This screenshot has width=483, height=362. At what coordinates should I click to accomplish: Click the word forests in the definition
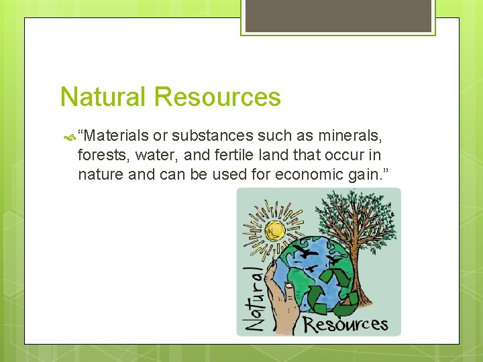[101, 156]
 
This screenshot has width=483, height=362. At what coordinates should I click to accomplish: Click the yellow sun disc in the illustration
[275, 231]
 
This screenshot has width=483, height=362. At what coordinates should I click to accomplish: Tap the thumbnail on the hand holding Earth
[288, 290]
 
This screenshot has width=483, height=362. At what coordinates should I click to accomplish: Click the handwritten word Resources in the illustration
[345, 324]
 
